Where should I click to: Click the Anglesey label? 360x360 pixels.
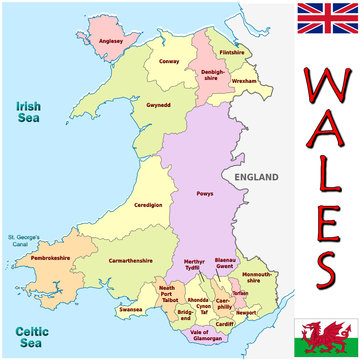pos(111,42)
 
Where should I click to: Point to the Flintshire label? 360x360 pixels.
pos(231,52)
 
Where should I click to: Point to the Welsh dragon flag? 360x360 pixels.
pos(326,336)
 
